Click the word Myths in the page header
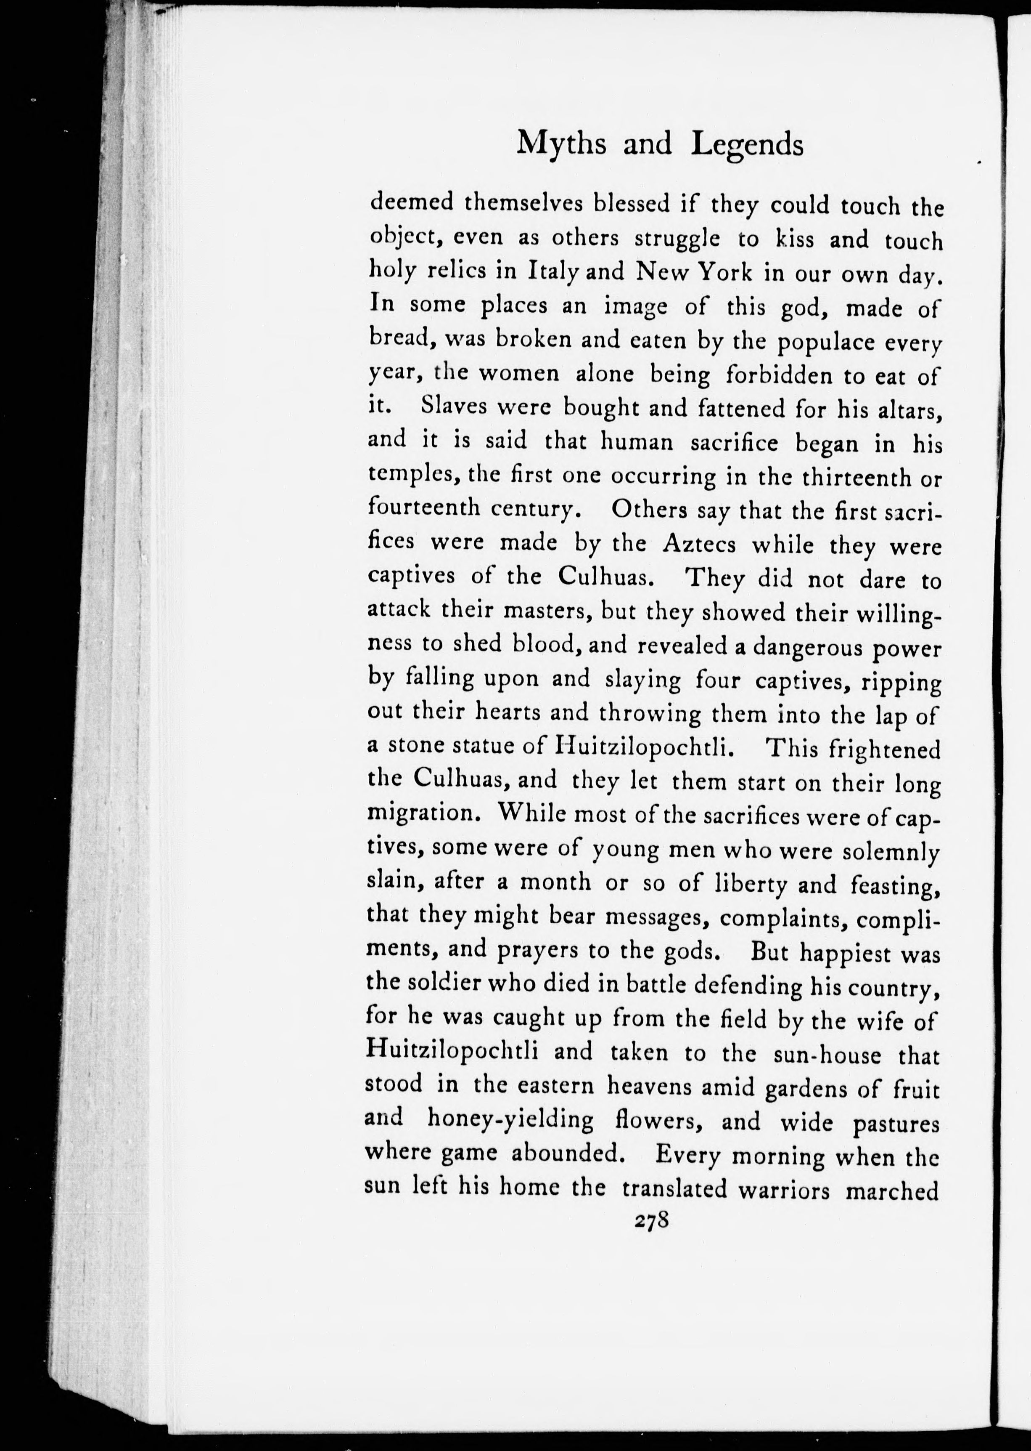[561, 144]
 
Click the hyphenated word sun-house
[827, 1055]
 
